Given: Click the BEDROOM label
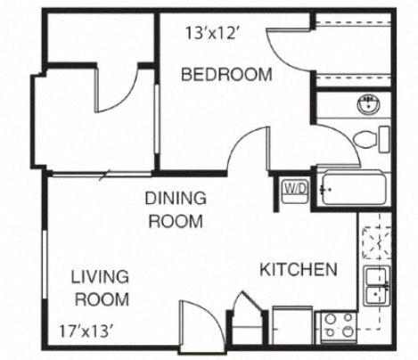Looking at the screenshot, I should (226, 75).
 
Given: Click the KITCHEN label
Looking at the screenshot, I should (298, 269).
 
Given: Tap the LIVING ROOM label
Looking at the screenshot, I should (99, 286).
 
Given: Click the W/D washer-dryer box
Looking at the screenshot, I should (294, 189).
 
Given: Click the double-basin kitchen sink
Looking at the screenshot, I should (375, 286).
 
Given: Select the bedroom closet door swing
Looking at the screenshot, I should (290, 54).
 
